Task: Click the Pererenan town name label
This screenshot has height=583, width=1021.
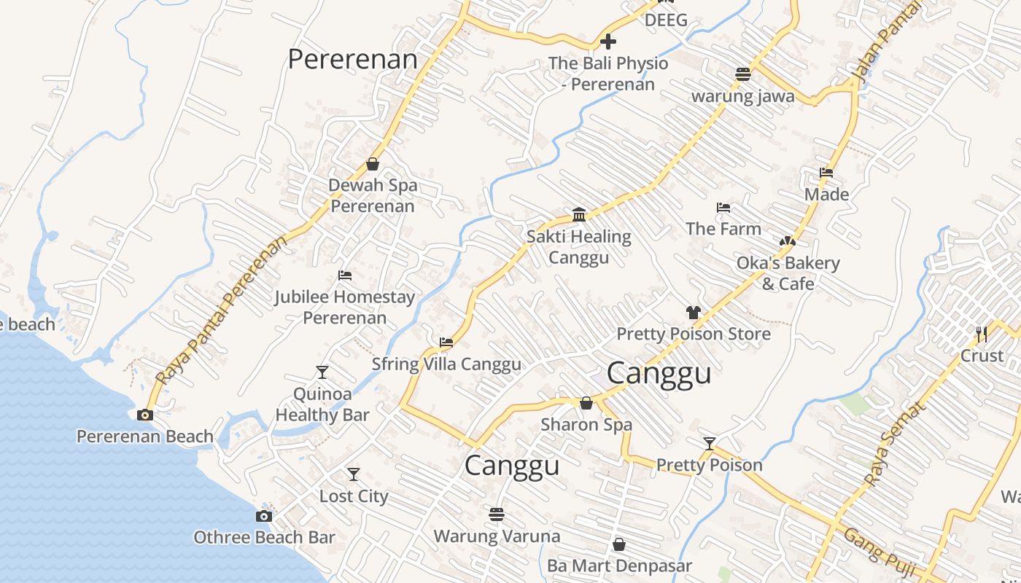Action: [x=353, y=59]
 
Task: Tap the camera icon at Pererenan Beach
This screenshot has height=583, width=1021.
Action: [x=145, y=415]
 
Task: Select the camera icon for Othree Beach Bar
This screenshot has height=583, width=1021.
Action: [x=264, y=516]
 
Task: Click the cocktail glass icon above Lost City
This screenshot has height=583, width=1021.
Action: [x=354, y=474]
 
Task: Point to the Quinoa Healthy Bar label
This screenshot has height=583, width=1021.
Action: [x=322, y=404]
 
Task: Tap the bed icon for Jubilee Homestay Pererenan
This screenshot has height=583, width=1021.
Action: [x=345, y=275]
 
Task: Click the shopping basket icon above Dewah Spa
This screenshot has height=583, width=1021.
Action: [x=373, y=164]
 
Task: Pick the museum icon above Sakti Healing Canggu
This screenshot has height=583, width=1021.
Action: [x=579, y=214]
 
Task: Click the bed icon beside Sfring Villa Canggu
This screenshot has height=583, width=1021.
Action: [x=446, y=342]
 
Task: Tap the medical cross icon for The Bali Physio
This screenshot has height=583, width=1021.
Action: [x=607, y=42]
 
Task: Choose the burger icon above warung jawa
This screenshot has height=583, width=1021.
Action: [x=743, y=74]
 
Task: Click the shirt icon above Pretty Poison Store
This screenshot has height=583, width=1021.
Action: [x=693, y=313]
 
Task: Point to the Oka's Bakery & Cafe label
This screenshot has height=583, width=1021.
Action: [x=788, y=273]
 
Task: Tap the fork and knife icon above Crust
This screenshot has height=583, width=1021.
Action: [x=982, y=334]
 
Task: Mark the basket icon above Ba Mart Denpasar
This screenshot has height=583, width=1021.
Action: [x=619, y=544]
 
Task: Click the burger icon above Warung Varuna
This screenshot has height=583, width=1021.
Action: [x=497, y=515]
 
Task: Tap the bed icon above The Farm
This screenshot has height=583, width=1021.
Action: [x=723, y=208]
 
